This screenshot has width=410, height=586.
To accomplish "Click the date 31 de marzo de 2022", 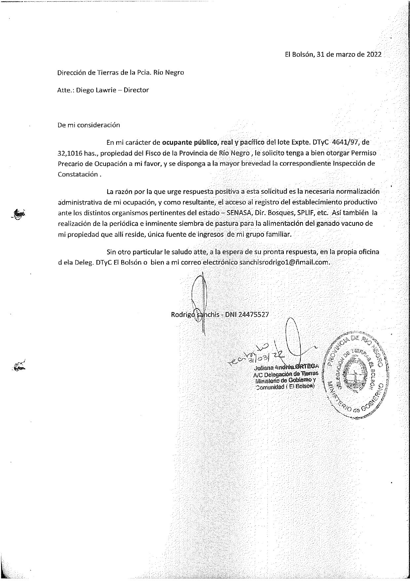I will click(x=349, y=55).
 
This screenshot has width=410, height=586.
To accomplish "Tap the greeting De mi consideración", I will click(x=89, y=125).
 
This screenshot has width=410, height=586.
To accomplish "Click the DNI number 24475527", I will click(x=253, y=314).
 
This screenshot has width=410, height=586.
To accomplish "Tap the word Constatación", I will click(x=78, y=174).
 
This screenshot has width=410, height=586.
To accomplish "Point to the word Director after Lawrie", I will click(x=136, y=90).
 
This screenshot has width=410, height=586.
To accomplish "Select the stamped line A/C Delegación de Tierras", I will click(x=285, y=374).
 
